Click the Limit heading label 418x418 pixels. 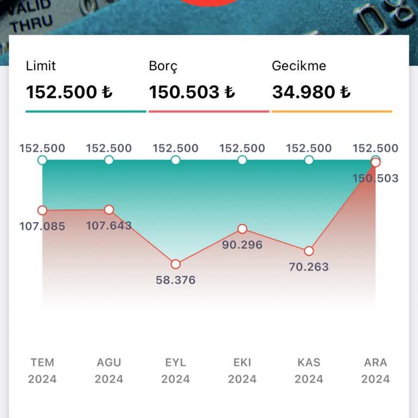coord(41,66)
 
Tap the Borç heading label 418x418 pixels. coord(163,66)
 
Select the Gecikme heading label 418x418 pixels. coord(299,66)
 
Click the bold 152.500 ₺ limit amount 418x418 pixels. coord(69,92)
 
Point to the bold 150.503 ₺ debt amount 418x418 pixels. coord(192,92)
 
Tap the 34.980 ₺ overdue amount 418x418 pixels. coord(311,92)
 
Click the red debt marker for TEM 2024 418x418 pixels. coord(42,210)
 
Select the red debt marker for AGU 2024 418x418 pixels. coord(109,210)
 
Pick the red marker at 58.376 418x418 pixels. coord(176,264)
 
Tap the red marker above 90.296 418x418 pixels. coord(242,229)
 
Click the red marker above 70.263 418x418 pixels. coord(309,251)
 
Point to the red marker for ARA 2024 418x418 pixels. coord(376,162)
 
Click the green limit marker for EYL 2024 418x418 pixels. coord(176,160)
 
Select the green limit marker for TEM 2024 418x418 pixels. coord(42,160)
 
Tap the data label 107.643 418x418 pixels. coord(109,226)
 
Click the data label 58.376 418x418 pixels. coord(176,280)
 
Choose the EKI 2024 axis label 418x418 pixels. coord(242,371)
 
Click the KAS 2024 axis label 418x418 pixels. coord(309,371)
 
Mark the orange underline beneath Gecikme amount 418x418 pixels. coord(332,112)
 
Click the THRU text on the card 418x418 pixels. coord(32,23)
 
